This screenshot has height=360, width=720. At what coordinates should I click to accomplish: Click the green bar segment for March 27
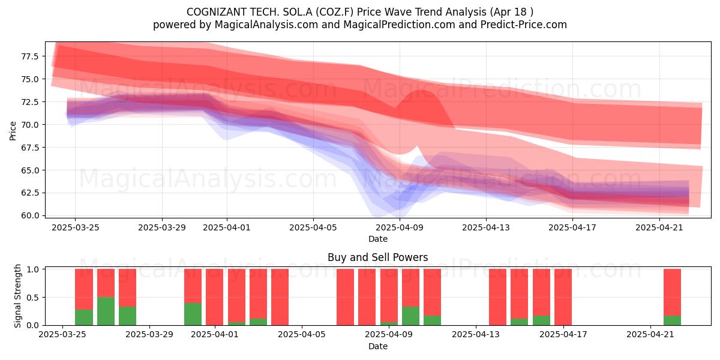click(x=106, y=311)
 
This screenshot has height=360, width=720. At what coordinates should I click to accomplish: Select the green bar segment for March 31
click(x=193, y=314)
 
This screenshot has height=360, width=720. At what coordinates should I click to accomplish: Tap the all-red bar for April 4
click(x=280, y=297)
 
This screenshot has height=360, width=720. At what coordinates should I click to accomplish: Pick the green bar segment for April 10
click(x=410, y=316)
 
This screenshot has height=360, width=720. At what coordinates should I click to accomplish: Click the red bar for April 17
click(x=563, y=297)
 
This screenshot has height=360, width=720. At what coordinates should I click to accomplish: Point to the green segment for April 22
click(x=672, y=320)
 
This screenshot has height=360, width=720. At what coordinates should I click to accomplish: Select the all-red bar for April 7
click(x=345, y=297)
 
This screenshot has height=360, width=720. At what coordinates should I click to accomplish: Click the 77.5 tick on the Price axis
click(x=29, y=56)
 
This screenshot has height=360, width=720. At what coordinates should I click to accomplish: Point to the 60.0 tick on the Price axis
click(x=29, y=215)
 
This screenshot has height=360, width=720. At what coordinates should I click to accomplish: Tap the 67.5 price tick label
click(x=29, y=148)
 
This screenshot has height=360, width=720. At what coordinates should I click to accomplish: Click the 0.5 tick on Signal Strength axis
click(x=32, y=298)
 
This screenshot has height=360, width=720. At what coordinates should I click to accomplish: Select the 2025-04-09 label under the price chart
click(x=400, y=227)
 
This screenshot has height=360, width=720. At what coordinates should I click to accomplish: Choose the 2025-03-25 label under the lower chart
click(x=62, y=335)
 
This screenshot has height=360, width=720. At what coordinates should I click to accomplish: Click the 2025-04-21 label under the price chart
click(x=659, y=227)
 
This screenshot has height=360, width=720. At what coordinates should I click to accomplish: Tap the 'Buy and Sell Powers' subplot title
click(x=377, y=257)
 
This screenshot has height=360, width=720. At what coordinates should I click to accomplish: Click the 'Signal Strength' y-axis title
click(x=17, y=296)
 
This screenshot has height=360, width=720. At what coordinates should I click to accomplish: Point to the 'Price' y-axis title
click(x=13, y=131)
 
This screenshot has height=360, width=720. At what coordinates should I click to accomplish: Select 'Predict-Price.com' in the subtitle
click(x=524, y=25)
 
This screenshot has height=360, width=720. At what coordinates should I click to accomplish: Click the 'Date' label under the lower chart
click(x=377, y=346)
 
